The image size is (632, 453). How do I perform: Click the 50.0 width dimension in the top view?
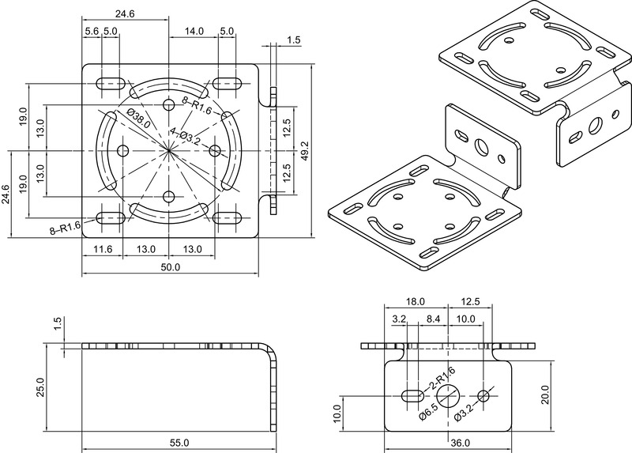(171, 267)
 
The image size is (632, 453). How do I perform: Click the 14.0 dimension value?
(194, 31)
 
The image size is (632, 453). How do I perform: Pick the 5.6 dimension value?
(91, 31)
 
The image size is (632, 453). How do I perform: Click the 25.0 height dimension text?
(50, 388)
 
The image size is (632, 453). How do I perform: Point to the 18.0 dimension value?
(416, 302)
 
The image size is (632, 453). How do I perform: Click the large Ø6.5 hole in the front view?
(449, 395)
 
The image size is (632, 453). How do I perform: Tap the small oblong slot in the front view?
(412, 395)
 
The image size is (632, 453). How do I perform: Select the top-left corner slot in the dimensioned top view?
(110, 83)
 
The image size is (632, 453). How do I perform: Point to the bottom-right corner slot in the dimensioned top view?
(228, 215)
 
